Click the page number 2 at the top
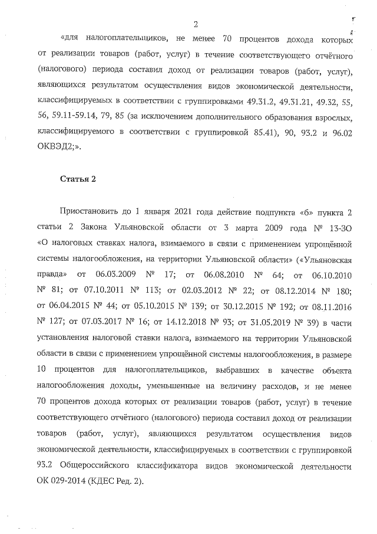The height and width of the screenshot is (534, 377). point(195,24)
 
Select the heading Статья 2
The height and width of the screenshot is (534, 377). point(78,179)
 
